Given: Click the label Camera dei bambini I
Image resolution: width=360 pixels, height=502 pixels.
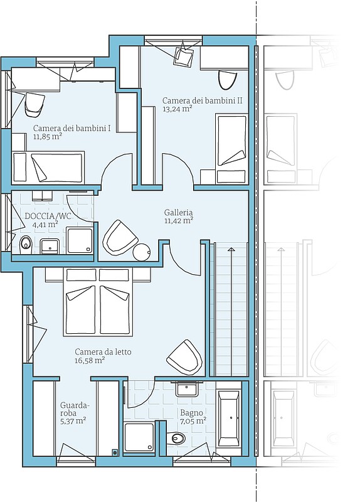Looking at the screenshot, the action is point(72,129).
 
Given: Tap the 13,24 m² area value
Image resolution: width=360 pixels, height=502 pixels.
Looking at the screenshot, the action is point(177,109).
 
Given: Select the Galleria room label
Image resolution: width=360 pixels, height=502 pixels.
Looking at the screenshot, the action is point(178,212).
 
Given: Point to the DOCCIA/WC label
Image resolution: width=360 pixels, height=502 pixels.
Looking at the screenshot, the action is point(48,216).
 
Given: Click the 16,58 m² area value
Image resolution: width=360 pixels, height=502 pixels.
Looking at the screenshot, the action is point(90,360).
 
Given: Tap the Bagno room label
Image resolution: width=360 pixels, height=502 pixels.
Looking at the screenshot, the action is point(191,412).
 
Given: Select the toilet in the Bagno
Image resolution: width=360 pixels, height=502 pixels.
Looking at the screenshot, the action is point(176,437).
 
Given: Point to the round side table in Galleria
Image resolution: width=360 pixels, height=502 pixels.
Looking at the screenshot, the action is point(142,252).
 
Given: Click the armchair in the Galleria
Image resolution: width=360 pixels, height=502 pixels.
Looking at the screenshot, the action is point(119,238).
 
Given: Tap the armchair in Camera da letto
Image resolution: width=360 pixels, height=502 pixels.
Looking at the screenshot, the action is point(184,357).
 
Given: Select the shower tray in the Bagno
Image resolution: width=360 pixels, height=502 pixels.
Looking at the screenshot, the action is point(139,437).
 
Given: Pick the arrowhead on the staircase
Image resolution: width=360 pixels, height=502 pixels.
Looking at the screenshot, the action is point(231,248).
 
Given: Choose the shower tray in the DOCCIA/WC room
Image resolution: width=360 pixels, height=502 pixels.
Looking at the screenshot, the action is point(80,240).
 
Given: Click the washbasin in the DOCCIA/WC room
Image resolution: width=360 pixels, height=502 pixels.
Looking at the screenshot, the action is point(50,246).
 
